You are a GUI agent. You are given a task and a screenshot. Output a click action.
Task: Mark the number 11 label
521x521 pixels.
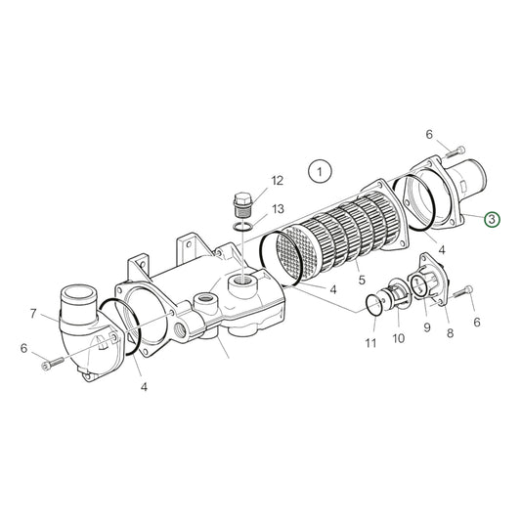pyautogui.click(x=369, y=342)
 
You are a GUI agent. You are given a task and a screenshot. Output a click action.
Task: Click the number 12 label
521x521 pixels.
pyautogui.click(x=278, y=180)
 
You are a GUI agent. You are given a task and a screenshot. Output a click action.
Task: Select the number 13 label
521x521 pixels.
pyautogui.click(x=278, y=209)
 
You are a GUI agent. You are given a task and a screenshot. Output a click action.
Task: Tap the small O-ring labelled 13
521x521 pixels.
pyautogui.click(x=246, y=229)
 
